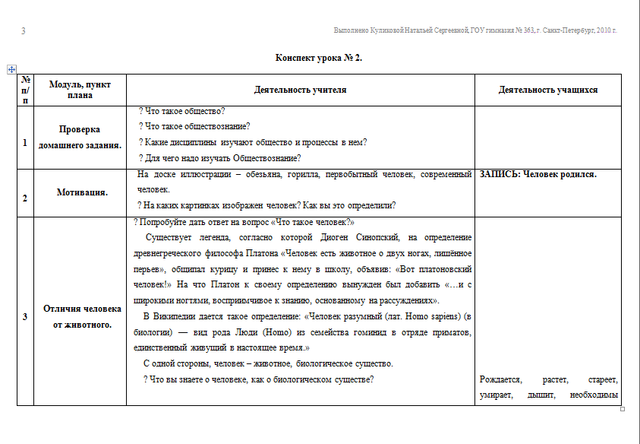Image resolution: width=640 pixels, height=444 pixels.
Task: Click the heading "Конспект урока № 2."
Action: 319,58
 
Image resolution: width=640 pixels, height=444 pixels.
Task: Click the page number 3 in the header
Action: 24,31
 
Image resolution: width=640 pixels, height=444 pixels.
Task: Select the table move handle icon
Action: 11,69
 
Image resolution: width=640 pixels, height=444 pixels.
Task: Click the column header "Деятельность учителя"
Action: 301,90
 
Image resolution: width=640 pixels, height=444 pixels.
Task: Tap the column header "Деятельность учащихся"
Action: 547,90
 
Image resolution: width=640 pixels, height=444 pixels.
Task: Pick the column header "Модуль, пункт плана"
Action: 80,90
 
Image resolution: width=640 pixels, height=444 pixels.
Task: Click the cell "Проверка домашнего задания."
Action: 80,137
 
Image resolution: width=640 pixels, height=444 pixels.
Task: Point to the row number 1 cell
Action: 25,142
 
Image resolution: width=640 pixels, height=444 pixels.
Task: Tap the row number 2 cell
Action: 25,198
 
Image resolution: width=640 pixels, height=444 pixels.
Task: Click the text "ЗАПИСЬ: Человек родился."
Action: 538,174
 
